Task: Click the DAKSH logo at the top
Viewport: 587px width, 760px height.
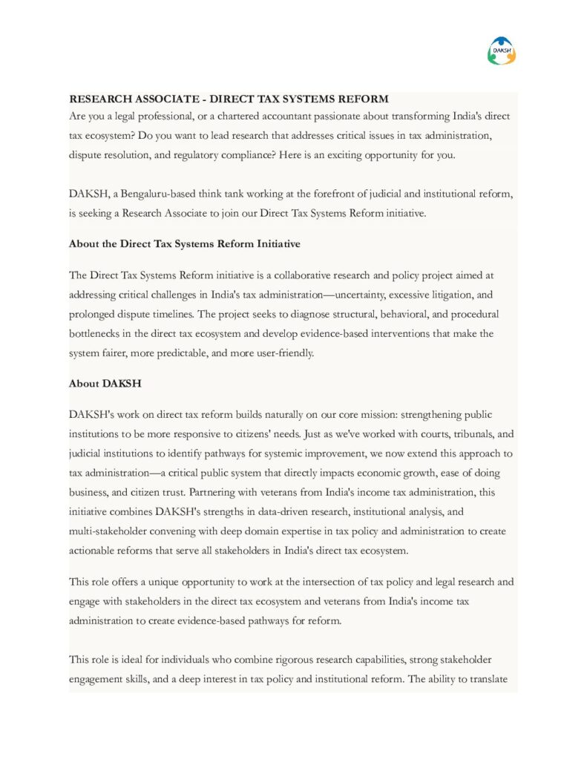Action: click(x=502, y=50)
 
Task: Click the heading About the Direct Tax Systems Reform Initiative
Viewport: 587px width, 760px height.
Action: click(x=185, y=243)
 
